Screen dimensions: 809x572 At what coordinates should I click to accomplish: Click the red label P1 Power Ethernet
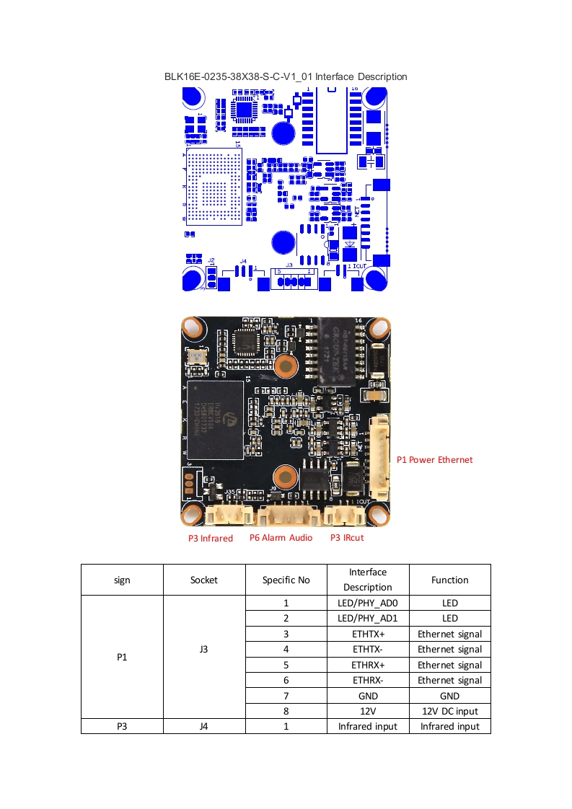(x=434, y=459)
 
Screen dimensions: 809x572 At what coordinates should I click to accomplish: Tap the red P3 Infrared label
(x=211, y=538)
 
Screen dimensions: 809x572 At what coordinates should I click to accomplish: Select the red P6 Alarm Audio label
(x=281, y=537)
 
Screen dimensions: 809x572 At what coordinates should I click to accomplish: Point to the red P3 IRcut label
(x=347, y=537)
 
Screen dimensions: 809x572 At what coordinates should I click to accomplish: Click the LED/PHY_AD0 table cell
(x=368, y=603)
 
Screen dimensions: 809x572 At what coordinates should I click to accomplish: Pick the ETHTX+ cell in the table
(x=368, y=634)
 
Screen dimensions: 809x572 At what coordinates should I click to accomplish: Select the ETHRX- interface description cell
(x=368, y=680)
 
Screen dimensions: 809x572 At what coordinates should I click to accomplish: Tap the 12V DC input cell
(x=449, y=711)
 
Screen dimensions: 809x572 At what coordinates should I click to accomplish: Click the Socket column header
(x=204, y=580)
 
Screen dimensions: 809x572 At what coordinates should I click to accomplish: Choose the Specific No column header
(x=286, y=580)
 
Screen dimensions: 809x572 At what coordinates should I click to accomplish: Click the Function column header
(x=449, y=580)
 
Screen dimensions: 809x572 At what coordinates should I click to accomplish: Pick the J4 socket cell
(x=204, y=726)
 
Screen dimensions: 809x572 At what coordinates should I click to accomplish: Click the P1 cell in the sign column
(x=122, y=657)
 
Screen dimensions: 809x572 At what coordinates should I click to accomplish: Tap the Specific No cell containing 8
(x=286, y=711)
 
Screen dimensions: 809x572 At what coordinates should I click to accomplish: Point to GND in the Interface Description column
(x=368, y=696)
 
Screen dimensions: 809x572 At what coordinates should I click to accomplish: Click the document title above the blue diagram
(x=286, y=76)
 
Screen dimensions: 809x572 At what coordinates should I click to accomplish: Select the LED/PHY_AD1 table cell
(x=368, y=618)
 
